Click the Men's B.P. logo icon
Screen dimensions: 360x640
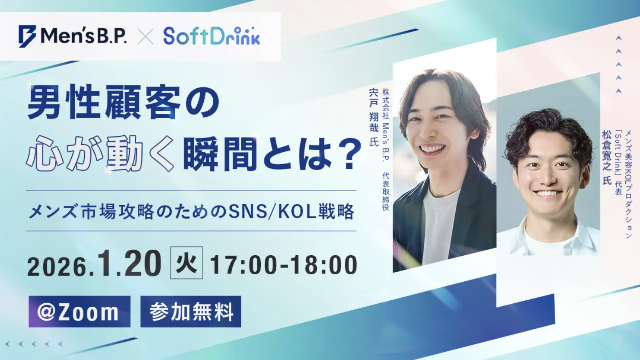[27, 36]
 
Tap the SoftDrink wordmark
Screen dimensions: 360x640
[211, 36]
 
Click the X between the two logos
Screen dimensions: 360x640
[145, 36]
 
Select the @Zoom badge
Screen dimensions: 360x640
[79, 312]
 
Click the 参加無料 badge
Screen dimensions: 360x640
[191, 312]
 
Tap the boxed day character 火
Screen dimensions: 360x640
[186, 263]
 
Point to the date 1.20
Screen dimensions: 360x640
[129, 264]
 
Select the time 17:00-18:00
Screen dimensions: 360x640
[284, 265]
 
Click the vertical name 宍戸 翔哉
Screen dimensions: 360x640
[374, 111]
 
